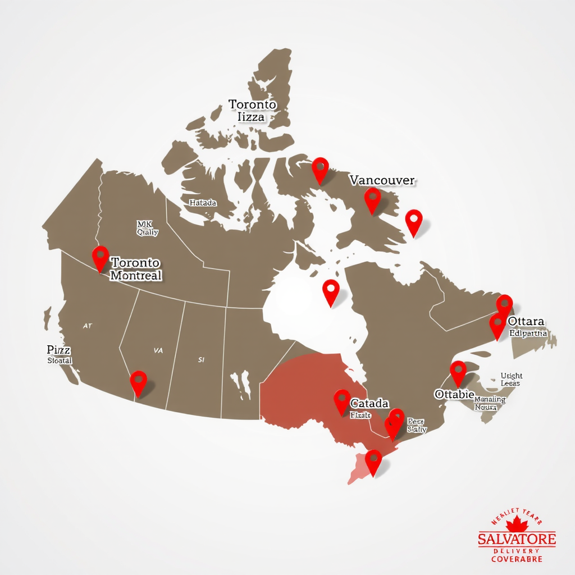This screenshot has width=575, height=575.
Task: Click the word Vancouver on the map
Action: (x=382, y=180)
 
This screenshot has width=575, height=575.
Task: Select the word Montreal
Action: (x=136, y=275)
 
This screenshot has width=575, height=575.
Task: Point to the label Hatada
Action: (x=203, y=203)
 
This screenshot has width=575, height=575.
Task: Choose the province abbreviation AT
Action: (x=87, y=325)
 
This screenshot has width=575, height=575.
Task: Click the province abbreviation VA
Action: (x=158, y=350)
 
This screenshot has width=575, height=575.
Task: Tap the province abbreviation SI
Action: (x=202, y=359)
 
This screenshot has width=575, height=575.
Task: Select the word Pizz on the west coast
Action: (x=58, y=349)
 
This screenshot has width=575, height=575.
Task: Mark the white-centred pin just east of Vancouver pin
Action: (x=414, y=221)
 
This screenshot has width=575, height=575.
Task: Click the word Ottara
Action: (x=526, y=321)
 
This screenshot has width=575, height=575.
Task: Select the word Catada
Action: (x=369, y=403)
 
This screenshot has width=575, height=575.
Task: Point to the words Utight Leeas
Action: (x=511, y=379)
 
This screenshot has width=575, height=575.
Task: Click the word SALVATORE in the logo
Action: (x=517, y=540)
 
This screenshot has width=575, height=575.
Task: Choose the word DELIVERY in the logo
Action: (x=517, y=551)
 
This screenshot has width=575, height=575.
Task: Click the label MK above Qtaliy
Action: (x=144, y=223)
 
